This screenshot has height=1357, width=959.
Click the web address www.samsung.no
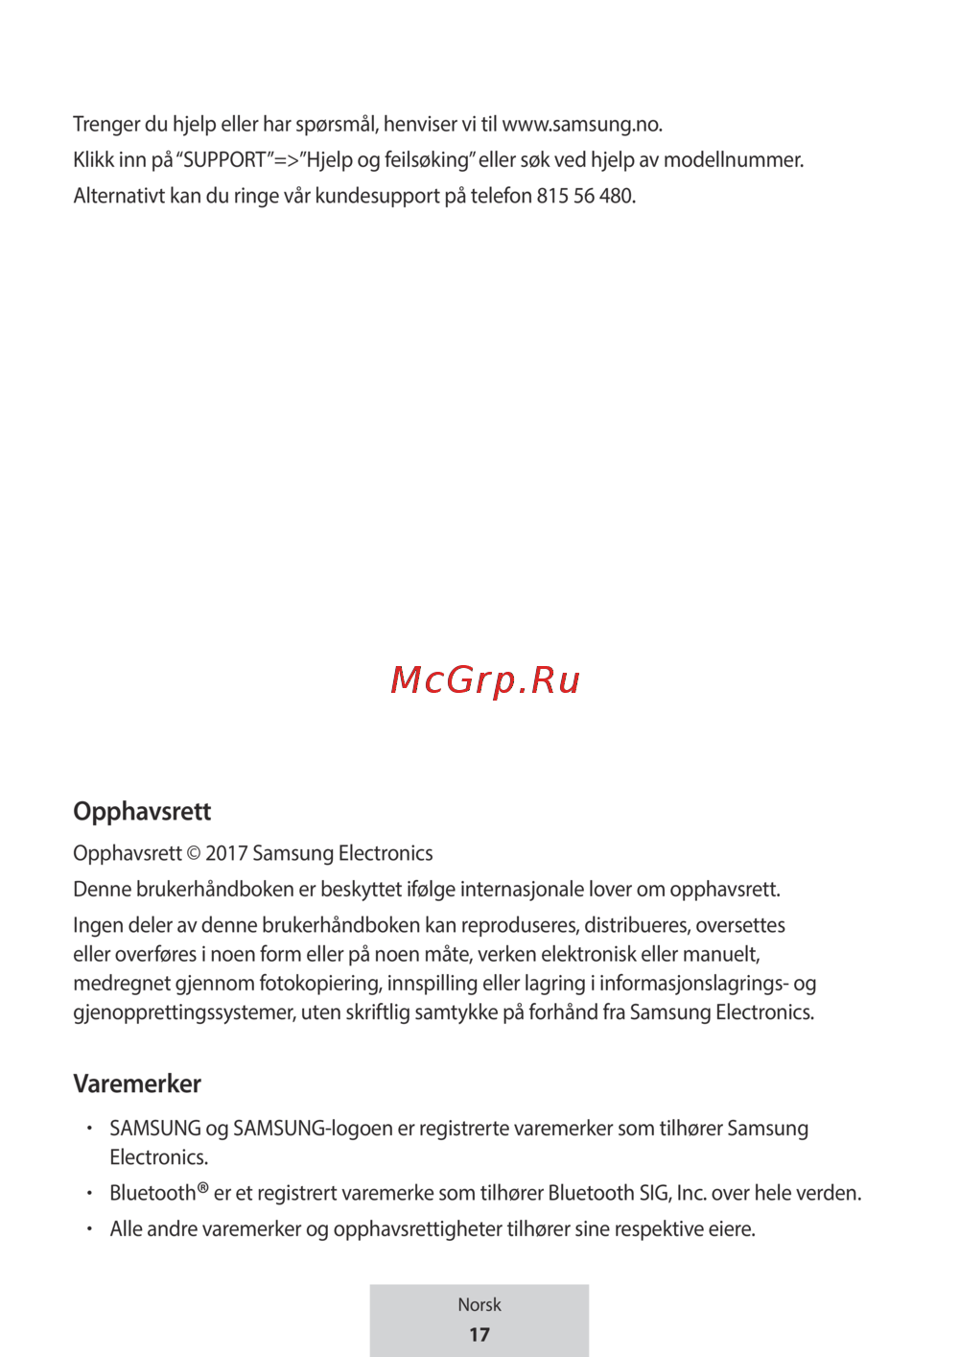[581, 125]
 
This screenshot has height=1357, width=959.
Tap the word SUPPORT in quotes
[224, 160]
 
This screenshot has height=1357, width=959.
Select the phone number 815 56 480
[585, 196]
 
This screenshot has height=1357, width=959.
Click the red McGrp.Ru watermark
[485, 680]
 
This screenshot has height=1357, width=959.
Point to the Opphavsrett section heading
[142, 812]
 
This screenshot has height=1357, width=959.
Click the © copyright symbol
[194, 854]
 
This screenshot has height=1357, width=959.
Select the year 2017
[226, 854]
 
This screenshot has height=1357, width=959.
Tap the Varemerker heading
[137, 1084]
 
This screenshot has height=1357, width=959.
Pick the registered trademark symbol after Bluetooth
[202, 1188]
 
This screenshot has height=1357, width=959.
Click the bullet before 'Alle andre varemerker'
[88, 1228]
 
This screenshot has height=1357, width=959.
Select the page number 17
[479, 1335]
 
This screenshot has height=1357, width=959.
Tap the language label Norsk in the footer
[479, 1305]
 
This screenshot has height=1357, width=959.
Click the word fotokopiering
[320, 984]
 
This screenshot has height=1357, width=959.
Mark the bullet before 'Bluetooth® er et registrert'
[88, 1193]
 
